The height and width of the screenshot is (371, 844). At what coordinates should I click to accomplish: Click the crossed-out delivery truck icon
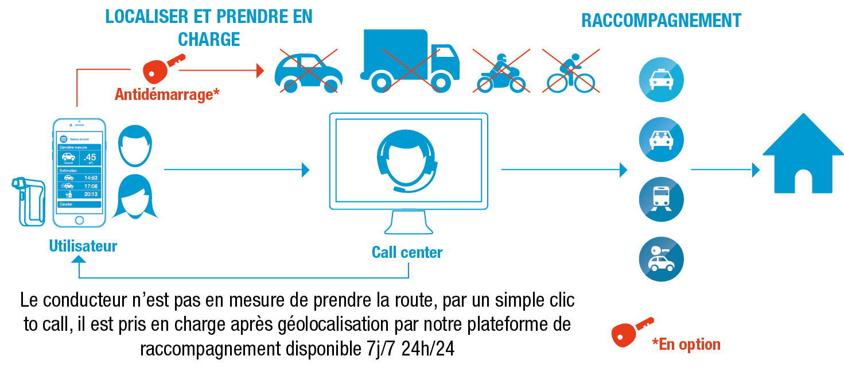tap(409, 61)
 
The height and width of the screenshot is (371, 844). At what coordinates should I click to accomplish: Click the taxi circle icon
tap(661, 80)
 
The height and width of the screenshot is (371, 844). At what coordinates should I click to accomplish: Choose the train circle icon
tap(661, 199)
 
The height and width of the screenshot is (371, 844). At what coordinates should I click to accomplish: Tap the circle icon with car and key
tap(661, 258)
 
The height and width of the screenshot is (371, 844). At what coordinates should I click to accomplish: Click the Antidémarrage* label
tap(167, 94)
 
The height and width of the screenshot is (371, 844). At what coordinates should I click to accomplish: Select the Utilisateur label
tap(83, 246)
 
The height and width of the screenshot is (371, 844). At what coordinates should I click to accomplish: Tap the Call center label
tap(407, 252)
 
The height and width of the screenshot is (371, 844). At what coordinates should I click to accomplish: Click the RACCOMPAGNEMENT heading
tap(661, 21)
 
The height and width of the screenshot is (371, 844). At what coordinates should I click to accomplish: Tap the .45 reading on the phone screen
tap(90, 157)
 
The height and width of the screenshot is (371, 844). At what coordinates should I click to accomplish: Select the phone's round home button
tap(79, 220)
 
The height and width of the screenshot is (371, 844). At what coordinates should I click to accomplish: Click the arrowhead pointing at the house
tap(756, 169)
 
